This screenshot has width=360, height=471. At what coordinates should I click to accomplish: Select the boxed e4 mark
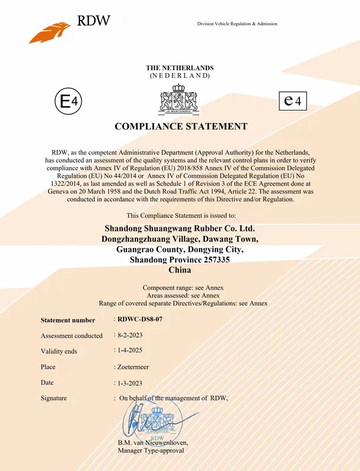click(x=292, y=101)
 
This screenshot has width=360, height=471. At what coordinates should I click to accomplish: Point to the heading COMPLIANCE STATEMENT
click(x=180, y=127)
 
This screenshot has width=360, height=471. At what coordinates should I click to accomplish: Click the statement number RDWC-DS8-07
click(x=139, y=319)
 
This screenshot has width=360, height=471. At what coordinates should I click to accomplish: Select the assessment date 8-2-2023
click(x=130, y=335)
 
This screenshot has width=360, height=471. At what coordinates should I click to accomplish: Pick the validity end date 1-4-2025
click(x=130, y=350)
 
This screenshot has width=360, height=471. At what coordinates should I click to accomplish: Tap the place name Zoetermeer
click(x=133, y=366)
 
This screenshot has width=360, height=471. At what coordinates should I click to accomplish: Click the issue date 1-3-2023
click(x=130, y=383)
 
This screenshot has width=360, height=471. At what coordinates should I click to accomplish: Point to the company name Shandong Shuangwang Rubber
click(x=179, y=228)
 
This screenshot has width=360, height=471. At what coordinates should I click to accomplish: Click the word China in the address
click(x=180, y=270)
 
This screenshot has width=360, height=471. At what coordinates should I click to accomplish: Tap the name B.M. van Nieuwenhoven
click(x=153, y=443)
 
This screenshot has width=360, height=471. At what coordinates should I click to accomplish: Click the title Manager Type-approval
click(x=151, y=450)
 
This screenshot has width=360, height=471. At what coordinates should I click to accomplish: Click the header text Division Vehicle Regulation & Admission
click(x=237, y=24)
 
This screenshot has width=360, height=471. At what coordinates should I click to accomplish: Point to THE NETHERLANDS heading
click(x=180, y=68)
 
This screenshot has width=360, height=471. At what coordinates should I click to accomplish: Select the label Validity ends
click(x=59, y=351)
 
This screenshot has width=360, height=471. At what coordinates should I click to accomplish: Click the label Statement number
click(x=68, y=320)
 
